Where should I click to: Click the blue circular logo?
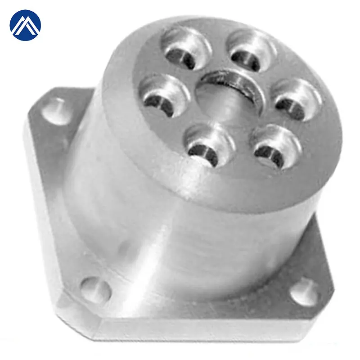pos(25,25)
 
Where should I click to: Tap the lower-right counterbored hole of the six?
pos(274,147)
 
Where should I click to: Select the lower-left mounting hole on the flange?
pos(95,288)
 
